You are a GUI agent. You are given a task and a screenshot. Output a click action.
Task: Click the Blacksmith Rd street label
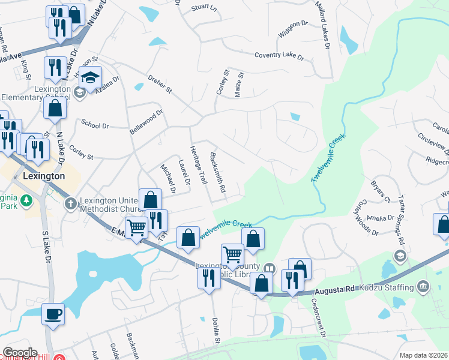click(217, 172)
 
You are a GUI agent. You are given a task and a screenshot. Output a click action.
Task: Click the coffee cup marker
click(53, 314)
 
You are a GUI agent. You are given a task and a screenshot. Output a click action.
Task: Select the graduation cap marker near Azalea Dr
click(91, 78)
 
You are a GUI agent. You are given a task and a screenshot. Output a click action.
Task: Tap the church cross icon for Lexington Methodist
click(70, 204)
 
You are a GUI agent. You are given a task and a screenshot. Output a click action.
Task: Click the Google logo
click(20, 353)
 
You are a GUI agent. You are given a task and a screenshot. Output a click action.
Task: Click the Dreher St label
click(160, 84)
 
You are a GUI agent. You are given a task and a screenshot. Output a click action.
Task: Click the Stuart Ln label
click(203, 8)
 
